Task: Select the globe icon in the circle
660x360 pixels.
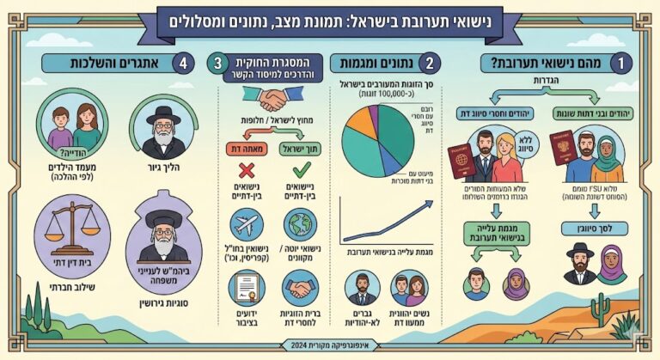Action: point(301,224)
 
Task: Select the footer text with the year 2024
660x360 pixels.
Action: point(330,345)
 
